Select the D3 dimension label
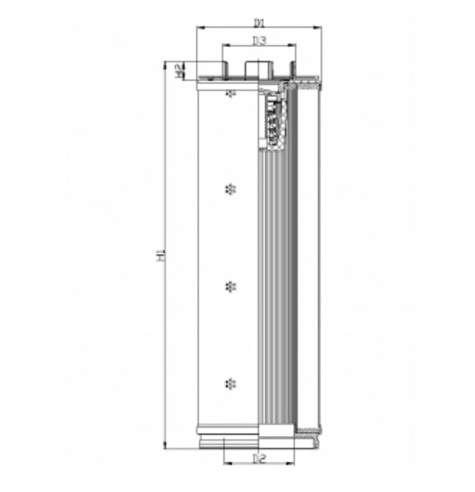click(259, 40)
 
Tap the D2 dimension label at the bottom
click(259, 458)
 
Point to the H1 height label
click(161, 255)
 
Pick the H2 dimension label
click(180, 70)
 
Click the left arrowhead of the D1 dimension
click(199, 27)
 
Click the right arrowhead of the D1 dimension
click(318, 27)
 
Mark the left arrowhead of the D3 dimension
click(225, 47)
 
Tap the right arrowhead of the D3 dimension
click(293, 47)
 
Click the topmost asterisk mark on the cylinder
click(231, 92)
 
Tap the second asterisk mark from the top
click(230, 188)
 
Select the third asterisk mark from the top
click(230, 285)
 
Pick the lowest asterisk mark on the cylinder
click(230, 383)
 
